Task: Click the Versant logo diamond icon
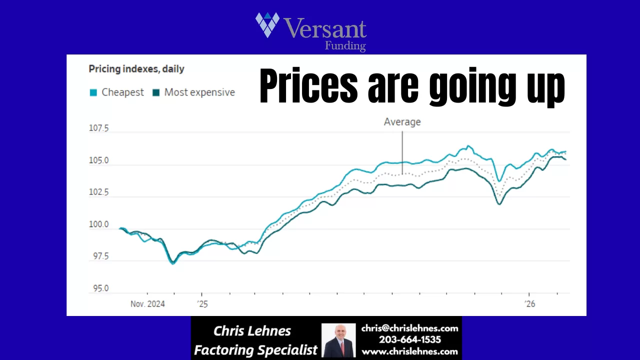267,24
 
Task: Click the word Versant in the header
325,29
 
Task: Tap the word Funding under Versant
345,46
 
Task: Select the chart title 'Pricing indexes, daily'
136,69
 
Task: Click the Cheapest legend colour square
93,92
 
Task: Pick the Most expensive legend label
199,92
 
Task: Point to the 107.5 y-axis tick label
98,128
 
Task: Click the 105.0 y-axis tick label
98,160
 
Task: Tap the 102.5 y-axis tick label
98,192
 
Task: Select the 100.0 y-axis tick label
98,224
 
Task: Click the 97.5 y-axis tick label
98,256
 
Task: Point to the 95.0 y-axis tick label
98,288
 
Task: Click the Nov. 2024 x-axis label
148,303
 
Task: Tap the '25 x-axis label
201,303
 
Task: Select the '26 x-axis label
529,303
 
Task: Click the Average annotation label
402,121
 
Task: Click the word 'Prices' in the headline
309,87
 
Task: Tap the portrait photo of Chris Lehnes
338,340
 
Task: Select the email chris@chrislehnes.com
409,328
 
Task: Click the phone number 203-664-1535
409,340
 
